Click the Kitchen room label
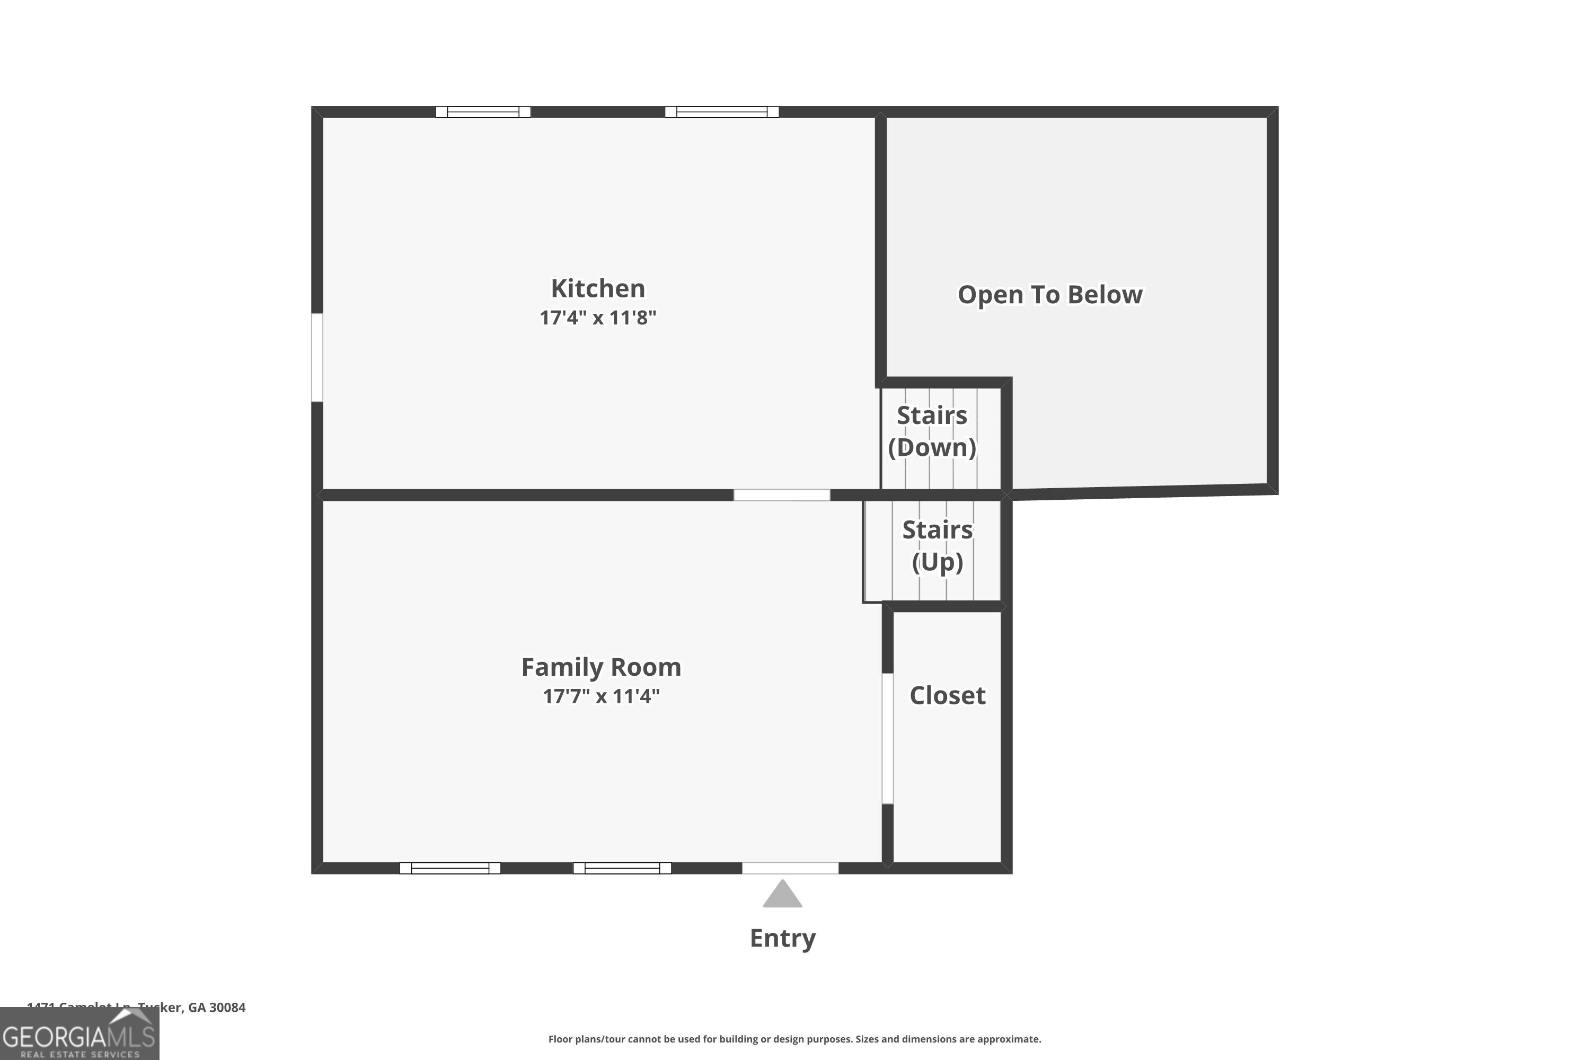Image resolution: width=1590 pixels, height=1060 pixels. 598,289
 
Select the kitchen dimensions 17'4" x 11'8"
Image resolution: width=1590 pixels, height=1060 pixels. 598,317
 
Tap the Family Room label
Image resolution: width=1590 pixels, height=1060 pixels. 601,667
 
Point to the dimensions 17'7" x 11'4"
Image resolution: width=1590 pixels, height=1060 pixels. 601,696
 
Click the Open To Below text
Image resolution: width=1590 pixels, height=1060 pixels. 1050,295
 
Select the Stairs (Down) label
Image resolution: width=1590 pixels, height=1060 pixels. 932,431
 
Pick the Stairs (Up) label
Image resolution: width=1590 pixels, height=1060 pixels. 937,545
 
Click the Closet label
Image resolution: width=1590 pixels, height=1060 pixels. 947,695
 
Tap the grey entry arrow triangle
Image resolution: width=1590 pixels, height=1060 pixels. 782,895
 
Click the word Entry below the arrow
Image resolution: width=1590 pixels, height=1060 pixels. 782,938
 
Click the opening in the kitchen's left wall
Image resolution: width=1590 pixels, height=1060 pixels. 317,358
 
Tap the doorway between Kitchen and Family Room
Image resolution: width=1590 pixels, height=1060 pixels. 781,495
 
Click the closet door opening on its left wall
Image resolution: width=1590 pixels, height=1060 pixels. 888,738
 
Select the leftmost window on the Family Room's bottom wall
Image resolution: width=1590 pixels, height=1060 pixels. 449,868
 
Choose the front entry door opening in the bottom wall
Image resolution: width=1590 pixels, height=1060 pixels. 790,868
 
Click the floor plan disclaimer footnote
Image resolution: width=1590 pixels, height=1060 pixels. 794,1039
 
